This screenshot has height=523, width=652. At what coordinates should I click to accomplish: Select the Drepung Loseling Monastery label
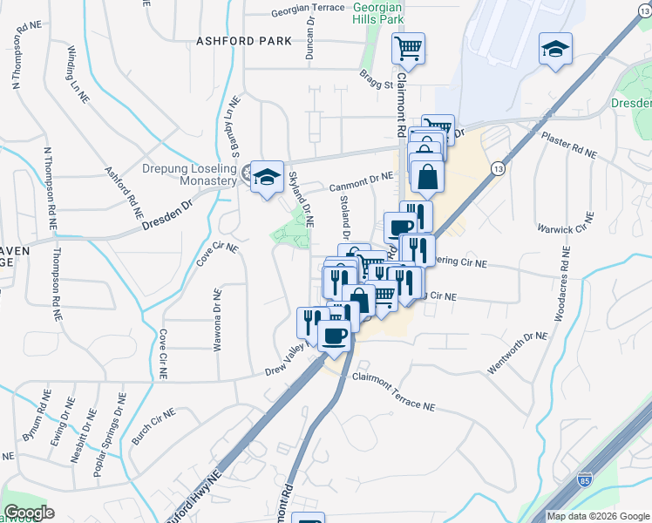[x=189, y=174]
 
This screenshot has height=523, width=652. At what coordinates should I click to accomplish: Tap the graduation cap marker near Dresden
[x=555, y=51]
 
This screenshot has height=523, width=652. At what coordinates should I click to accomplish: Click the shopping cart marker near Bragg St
[x=407, y=49]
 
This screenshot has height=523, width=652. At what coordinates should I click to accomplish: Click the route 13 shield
[x=497, y=168]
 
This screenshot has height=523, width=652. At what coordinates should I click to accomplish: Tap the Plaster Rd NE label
[x=568, y=145]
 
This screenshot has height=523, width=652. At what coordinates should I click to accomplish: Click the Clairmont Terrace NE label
[x=392, y=391]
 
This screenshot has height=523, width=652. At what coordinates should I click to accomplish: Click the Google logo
[x=29, y=513]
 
